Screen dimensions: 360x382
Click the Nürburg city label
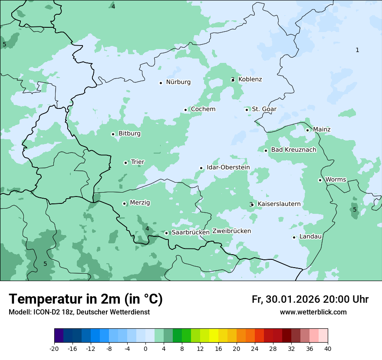pyautogui.click(x=178, y=82)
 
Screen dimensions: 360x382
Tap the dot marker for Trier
pyautogui.click(x=126, y=163)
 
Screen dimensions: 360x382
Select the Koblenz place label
pyautogui.click(x=250, y=79)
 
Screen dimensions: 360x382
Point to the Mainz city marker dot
pyautogui.click(x=307, y=130)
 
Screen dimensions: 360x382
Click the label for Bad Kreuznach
pyautogui.click(x=293, y=150)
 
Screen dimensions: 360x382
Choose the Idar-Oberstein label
pyautogui.click(x=228, y=167)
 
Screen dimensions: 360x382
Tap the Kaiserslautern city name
pyautogui.click(x=279, y=204)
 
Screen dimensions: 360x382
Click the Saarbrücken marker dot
pyautogui.click(x=166, y=233)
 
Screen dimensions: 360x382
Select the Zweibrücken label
pyautogui.click(x=231, y=231)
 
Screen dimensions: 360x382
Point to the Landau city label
pyautogui.click(x=310, y=237)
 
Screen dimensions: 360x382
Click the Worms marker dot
pyautogui.click(x=320, y=180)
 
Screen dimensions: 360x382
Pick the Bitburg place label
pyautogui.click(x=129, y=134)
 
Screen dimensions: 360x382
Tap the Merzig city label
pyautogui.click(x=140, y=203)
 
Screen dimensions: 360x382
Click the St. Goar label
pyautogui.click(x=264, y=109)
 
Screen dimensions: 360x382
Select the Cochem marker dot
pyautogui.click(x=185, y=110)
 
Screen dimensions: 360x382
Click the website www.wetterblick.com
pyautogui.click(x=313, y=312)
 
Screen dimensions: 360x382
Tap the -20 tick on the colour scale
pyautogui.click(x=54, y=349)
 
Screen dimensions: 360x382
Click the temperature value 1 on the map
pyautogui.click(x=357, y=50)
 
